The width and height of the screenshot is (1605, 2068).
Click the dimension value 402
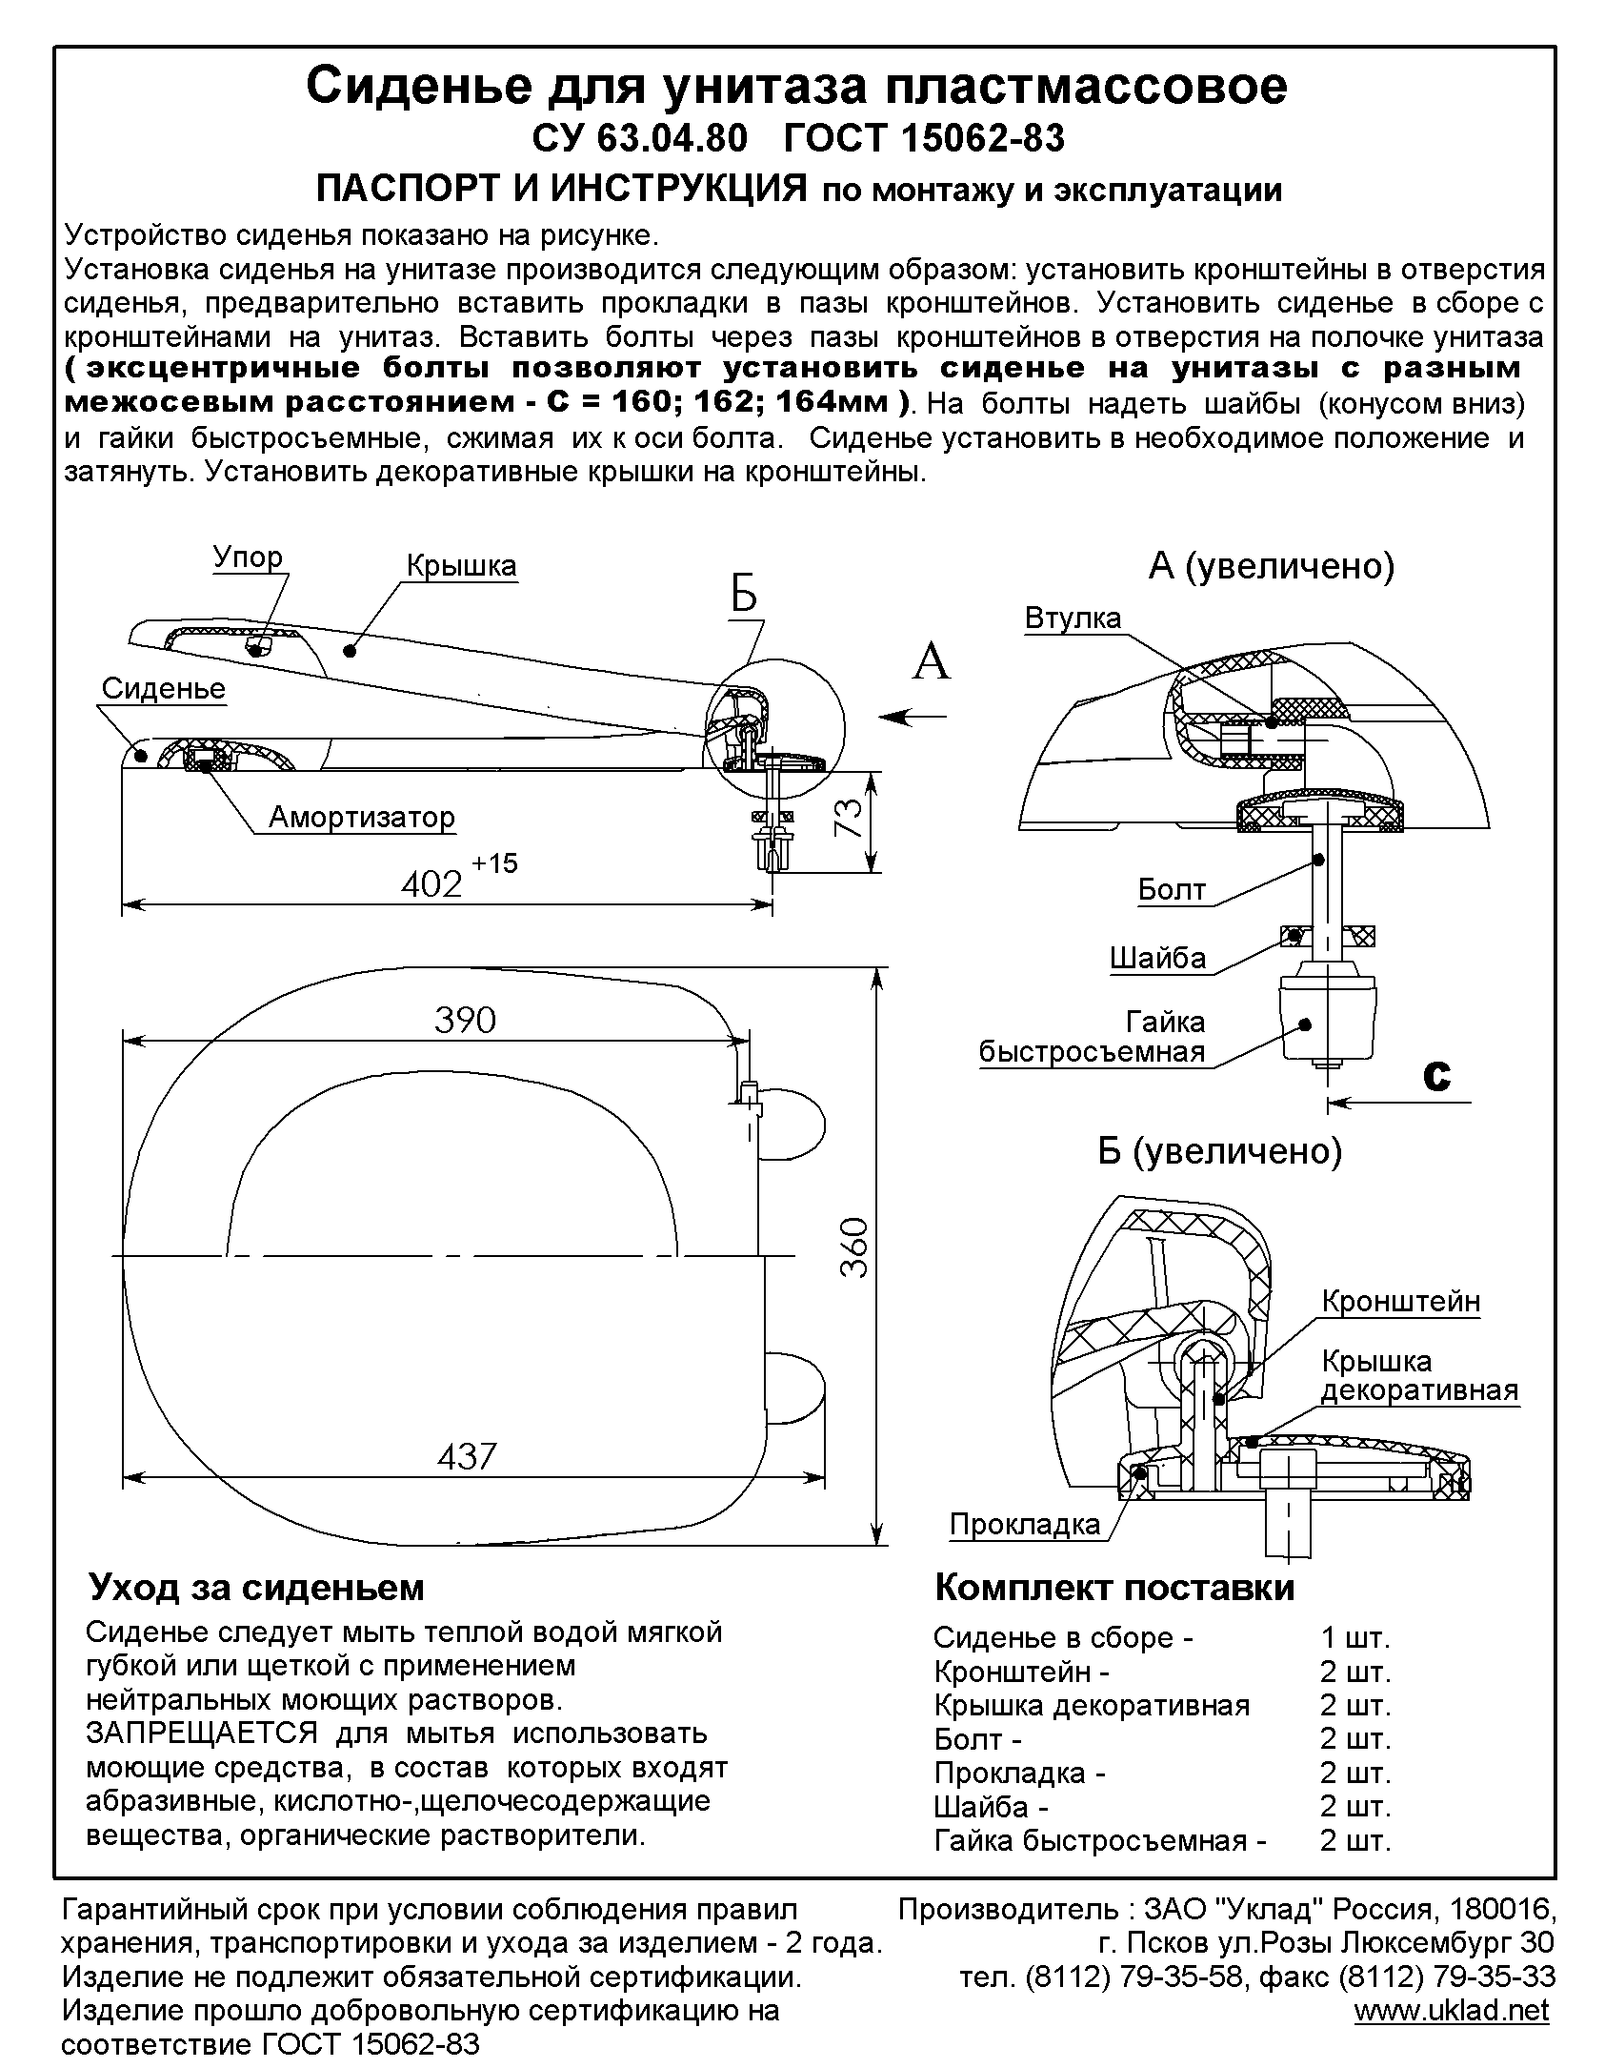tap(431, 883)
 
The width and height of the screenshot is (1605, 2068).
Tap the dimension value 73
tap(851, 817)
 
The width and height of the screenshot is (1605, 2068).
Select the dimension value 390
tap(465, 1020)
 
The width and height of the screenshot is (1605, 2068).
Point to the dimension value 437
tap(467, 1455)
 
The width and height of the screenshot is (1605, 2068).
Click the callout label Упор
tap(247, 557)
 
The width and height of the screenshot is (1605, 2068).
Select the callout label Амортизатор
tap(362, 817)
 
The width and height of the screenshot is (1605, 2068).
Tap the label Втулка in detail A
tap(1073, 618)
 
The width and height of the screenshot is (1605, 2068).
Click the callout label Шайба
tap(1157, 958)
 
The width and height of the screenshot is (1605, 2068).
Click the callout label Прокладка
tap(1024, 1524)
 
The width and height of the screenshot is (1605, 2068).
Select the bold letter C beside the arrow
tap(1436, 1074)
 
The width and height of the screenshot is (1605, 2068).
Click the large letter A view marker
tap(931, 660)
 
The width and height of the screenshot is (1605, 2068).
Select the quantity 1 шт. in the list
tap(1354, 1638)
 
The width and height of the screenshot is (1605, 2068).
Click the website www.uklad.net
tap(1451, 2011)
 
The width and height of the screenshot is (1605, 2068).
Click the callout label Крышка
tap(461, 565)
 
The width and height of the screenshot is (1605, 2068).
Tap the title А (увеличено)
tap(1271, 566)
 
